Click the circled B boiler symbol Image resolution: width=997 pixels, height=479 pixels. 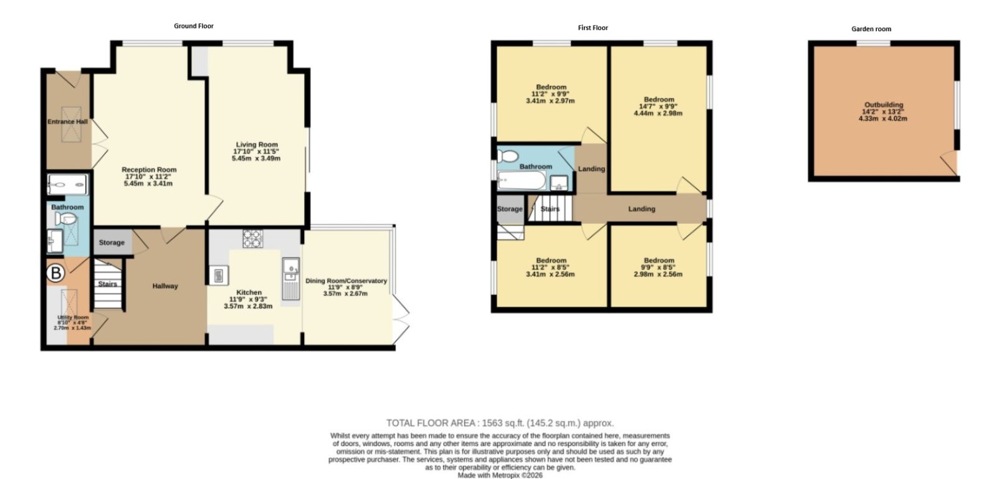(x=56, y=273)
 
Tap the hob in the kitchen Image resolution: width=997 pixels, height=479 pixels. (x=253, y=238)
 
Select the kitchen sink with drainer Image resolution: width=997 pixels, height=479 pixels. (x=291, y=279)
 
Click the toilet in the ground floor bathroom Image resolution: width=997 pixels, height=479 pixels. (x=66, y=219)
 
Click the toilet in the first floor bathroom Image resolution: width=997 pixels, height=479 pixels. (x=508, y=155)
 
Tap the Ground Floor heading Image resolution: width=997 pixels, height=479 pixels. (x=194, y=26)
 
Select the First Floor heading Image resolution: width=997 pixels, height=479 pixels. (x=593, y=27)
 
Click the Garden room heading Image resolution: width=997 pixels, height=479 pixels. (x=871, y=29)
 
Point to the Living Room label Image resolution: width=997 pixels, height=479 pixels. (x=257, y=144)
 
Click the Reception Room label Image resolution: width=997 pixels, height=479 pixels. (x=149, y=169)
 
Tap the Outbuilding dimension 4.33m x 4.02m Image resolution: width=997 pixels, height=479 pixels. (x=882, y=119)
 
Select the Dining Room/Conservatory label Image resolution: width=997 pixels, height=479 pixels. (x=346, y=281)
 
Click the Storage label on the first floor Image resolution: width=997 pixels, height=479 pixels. (x=510, y=209)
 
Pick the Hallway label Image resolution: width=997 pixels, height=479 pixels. (x=165, y=286)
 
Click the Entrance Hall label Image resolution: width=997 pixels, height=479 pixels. (x=68, y=121)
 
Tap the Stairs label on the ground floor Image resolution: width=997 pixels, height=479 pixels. (x=108, y=284)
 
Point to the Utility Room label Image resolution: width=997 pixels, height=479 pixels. (x=73, y=317)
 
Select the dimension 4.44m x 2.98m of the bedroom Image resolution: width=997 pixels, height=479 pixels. (x=658, y=113)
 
